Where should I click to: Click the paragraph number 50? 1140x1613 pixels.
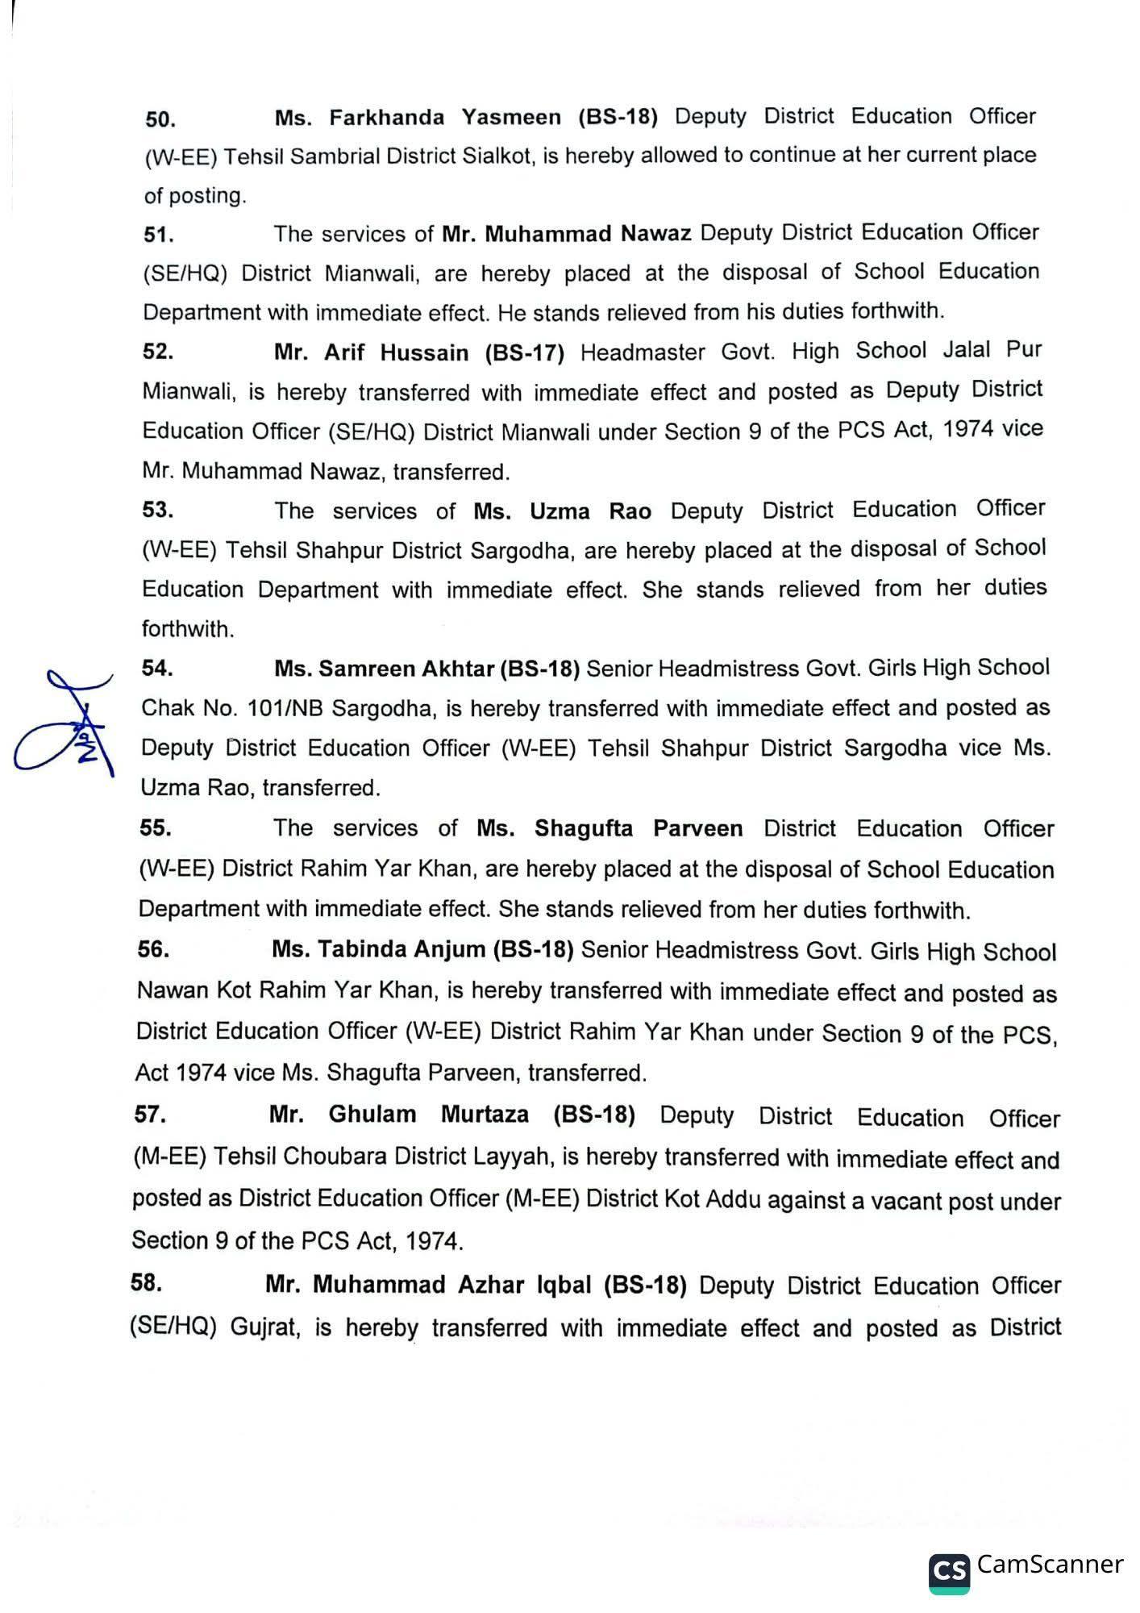(160, 119)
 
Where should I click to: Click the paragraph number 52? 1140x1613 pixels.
(158, 352)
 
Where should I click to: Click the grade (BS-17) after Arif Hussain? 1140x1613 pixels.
(525, 352)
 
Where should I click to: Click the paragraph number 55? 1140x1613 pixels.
(156, 827)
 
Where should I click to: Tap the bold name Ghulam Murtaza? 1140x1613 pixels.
(428, 1115)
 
